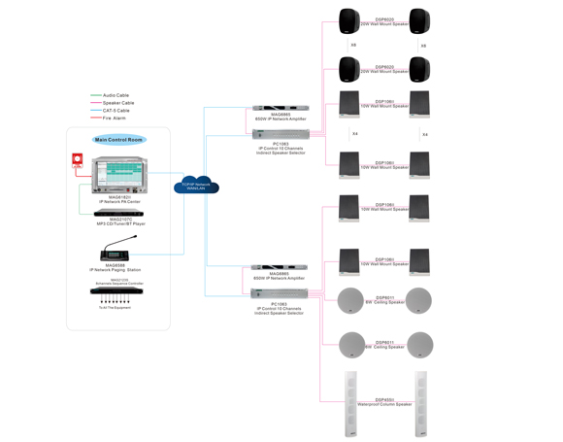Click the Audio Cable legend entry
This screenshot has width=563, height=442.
pyautogui.click(x=116, y=95)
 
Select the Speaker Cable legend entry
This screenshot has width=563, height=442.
pyautogui.click(x=117, y=103)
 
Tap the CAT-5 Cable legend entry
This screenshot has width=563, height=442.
pyautogui.click(x=116, y=111)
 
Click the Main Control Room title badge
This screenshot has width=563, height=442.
pyautogui.click(x=118, y=140)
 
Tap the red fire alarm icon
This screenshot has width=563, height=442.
pyautogui.click(x=77, y=161)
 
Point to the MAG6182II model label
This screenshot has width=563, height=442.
pyautogui.click(x=119, y=197)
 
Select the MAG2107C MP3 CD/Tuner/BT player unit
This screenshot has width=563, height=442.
pyautogui.click(x=118, y=213)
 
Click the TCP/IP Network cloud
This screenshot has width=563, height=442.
pyautogui.click(x=196, y=186)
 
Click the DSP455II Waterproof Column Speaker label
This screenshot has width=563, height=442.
pyautogui.click(x=384, y=402)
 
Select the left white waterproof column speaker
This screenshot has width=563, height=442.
pyautogui.click(x=351, y=403)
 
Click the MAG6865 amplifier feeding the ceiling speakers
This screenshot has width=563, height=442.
pyautogui.click(x=280, y=267)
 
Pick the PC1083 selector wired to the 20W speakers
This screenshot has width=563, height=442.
pyautogui.click(x=280, y=134)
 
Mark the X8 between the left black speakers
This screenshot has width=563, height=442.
pyautogui.click(x=353, y=46)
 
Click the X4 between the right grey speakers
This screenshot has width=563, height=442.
pyautogui.click(x=424, y=134)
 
